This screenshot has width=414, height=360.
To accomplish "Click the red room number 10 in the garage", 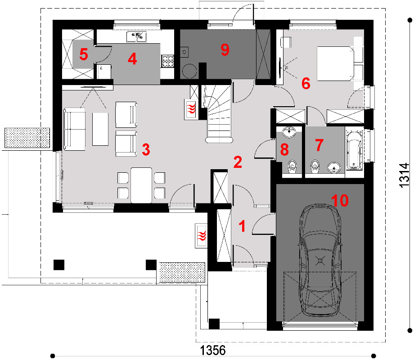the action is click(x=340, y=200).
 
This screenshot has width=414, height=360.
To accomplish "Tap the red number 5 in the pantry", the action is click(x=83, y=54).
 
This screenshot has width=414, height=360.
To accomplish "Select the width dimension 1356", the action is click(x=213, y=351).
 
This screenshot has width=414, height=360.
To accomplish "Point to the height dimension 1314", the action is click(x=404, y=175).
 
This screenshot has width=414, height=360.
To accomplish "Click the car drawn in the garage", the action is click(x=320, y=260).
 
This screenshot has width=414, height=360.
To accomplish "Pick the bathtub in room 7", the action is click(x=354, y=149).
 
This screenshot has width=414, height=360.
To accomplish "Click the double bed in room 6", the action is click(x=336, y=63).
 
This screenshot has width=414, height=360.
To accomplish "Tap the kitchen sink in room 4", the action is click(x=136, y=37).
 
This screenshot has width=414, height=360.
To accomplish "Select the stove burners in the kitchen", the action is click(x=167, y=61).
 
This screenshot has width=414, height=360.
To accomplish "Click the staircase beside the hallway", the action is click(x=219, y=113).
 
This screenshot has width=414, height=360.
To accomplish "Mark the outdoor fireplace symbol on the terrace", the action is click(x=201, y=236).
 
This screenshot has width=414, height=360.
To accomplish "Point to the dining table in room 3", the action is click(x=141, y=185).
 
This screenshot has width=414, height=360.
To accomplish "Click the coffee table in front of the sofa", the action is click(x=100, y=129).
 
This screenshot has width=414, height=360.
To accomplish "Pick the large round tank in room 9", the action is click(x=189, y=71).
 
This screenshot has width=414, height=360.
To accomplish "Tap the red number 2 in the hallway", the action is click(x=238, y=162).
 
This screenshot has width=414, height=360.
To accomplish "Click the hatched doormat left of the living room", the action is click(x=27, y=138).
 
